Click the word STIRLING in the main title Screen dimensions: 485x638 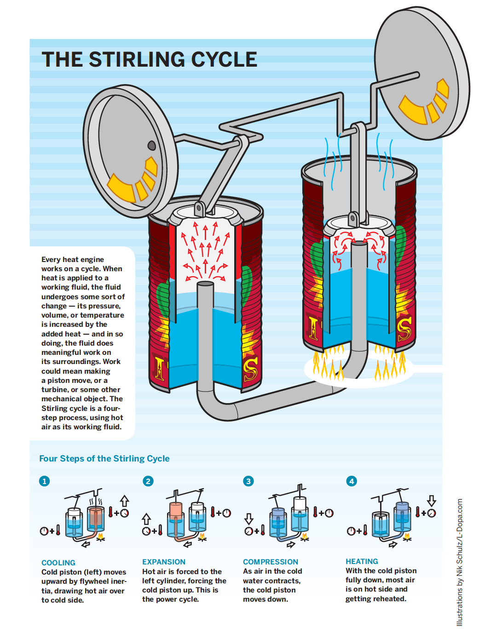pyautogui.click(x=137, y=59)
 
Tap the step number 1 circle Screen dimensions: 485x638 pyautogui.click(x=44, y=481)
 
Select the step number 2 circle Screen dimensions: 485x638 pyautogui.click(x=148, y=481)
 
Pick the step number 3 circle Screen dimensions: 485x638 pyautogui.click(x=248, y=481)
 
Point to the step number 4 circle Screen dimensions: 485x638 pyautogui.click(x=352, y=481)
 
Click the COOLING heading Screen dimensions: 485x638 pyautogui.click(x=58, y=563)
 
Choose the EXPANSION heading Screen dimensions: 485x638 pyautogui.click(x=164, y=562)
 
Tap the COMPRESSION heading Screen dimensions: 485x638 pyautogui.click(x=271, y=562)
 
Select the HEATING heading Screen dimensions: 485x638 pyautogui.click(x=362, y=561)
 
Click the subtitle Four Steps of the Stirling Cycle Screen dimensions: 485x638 pyautogui.click(x=104, y=458)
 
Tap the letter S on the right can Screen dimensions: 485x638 pyautogui.click(x=404, y=329)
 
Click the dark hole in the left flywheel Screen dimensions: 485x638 pyautogui.click(x=151, y=145)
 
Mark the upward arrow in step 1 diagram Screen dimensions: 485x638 pyautogui.click(x=124, y=501)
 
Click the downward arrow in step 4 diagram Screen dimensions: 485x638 pyautogui.click(x=431, y=501)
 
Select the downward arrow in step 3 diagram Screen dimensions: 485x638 pyautogui.click(x=249, y=518)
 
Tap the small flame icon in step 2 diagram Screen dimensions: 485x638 pyautogui.click(x=202, y=537)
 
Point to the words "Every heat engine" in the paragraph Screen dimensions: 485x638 pyautogui.click(x=72, y=259)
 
